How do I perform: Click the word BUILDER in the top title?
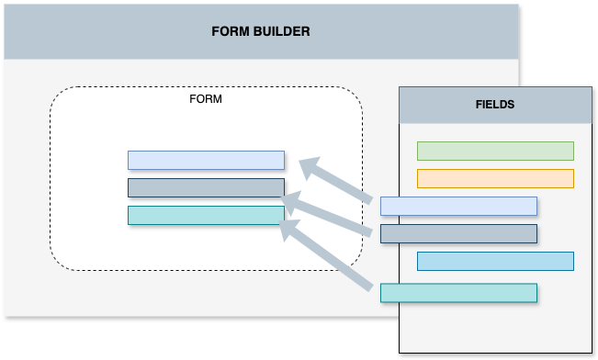(x=281, y=31)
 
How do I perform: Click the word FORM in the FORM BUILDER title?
(x=230, y=31)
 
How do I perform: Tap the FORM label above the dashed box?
(x=205, y=98)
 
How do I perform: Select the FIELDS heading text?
(x=495, y=105)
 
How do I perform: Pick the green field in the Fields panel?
(x=495, y=152)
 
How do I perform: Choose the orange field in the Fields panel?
(x=495, y=178)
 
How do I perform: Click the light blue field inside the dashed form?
(x=206, y=161)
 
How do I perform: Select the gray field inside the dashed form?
(x=206, y=188)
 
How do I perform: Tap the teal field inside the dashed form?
(x=206, y=216)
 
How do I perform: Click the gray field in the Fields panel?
(x=458, y=233)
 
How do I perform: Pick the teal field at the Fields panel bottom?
(x=458, y=293)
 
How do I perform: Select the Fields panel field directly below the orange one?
(x=458, y=206)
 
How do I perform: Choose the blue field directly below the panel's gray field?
(x=495, y=261)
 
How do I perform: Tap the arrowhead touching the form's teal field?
(x=291, y=227)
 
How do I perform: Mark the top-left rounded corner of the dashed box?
(x=57, y=96)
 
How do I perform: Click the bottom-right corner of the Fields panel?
(x=592, y=353)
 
